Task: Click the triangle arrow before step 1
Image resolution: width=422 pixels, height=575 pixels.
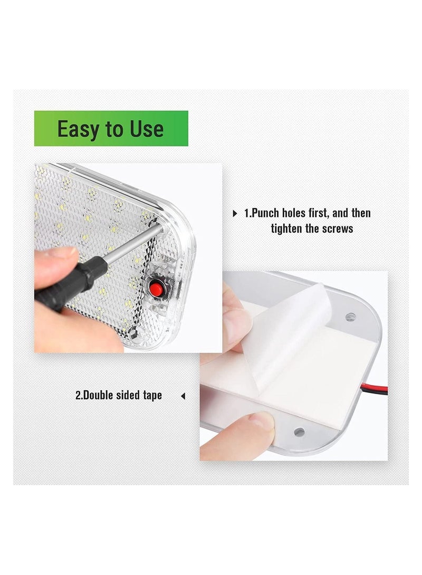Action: [235, 214]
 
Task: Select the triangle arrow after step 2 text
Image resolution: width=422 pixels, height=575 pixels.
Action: [183, 396]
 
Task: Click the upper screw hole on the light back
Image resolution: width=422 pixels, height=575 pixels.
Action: [349, 318]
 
